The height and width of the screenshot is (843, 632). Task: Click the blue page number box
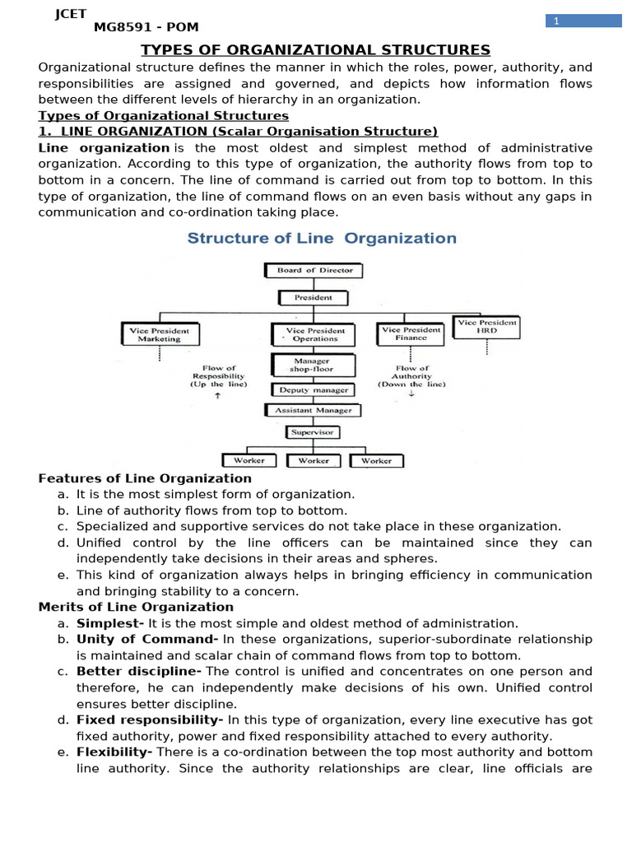[x=583, y=21]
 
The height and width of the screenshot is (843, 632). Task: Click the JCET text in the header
[x=71, y=13]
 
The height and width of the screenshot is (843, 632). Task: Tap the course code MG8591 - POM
[x=146, y=27]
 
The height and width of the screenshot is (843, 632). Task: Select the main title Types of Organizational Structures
[x=316, y=50]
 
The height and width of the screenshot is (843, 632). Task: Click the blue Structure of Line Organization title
[x=322, y=239]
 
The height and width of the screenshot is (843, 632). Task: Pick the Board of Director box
[x=314, y=270]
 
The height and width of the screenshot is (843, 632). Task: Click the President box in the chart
[x=313, y=297]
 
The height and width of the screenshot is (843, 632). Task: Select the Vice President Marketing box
[x=159, y=334]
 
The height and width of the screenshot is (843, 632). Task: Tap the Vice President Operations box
[x=314, y=334]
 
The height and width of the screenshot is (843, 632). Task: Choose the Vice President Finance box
[x=411, y=333]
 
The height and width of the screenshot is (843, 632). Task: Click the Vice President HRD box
[x=487, y=328]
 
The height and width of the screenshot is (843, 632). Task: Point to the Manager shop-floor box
[x=313, y=366]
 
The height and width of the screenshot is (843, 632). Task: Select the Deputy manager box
[x=313, y=390]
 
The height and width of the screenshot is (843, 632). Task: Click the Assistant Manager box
[x=313, y=410]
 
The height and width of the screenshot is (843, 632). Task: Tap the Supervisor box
[x=313, y=432]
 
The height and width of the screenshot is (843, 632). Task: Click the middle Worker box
[x=314, y=461]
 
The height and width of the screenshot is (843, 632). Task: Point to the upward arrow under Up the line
[x=217, y=396]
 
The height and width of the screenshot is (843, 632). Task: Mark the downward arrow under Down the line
[x=411, y=394]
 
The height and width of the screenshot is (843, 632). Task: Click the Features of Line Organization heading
[x=145, y=478]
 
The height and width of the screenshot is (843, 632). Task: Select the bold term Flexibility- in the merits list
[x=114, y=752]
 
